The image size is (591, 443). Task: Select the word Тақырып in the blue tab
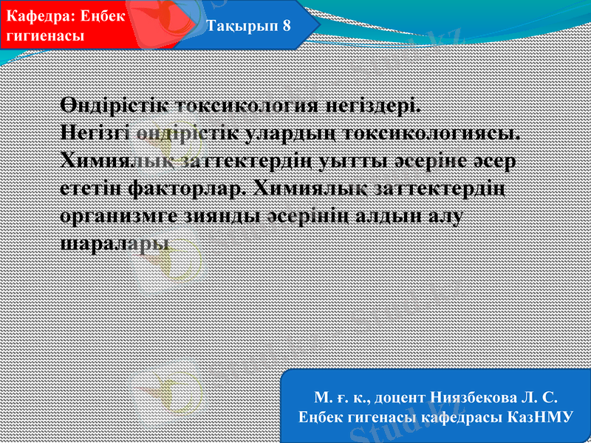click(237, 24)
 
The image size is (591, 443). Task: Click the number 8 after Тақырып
click(286, 24)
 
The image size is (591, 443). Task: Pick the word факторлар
click(186, 188)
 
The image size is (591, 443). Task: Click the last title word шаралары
click(113, 241)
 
